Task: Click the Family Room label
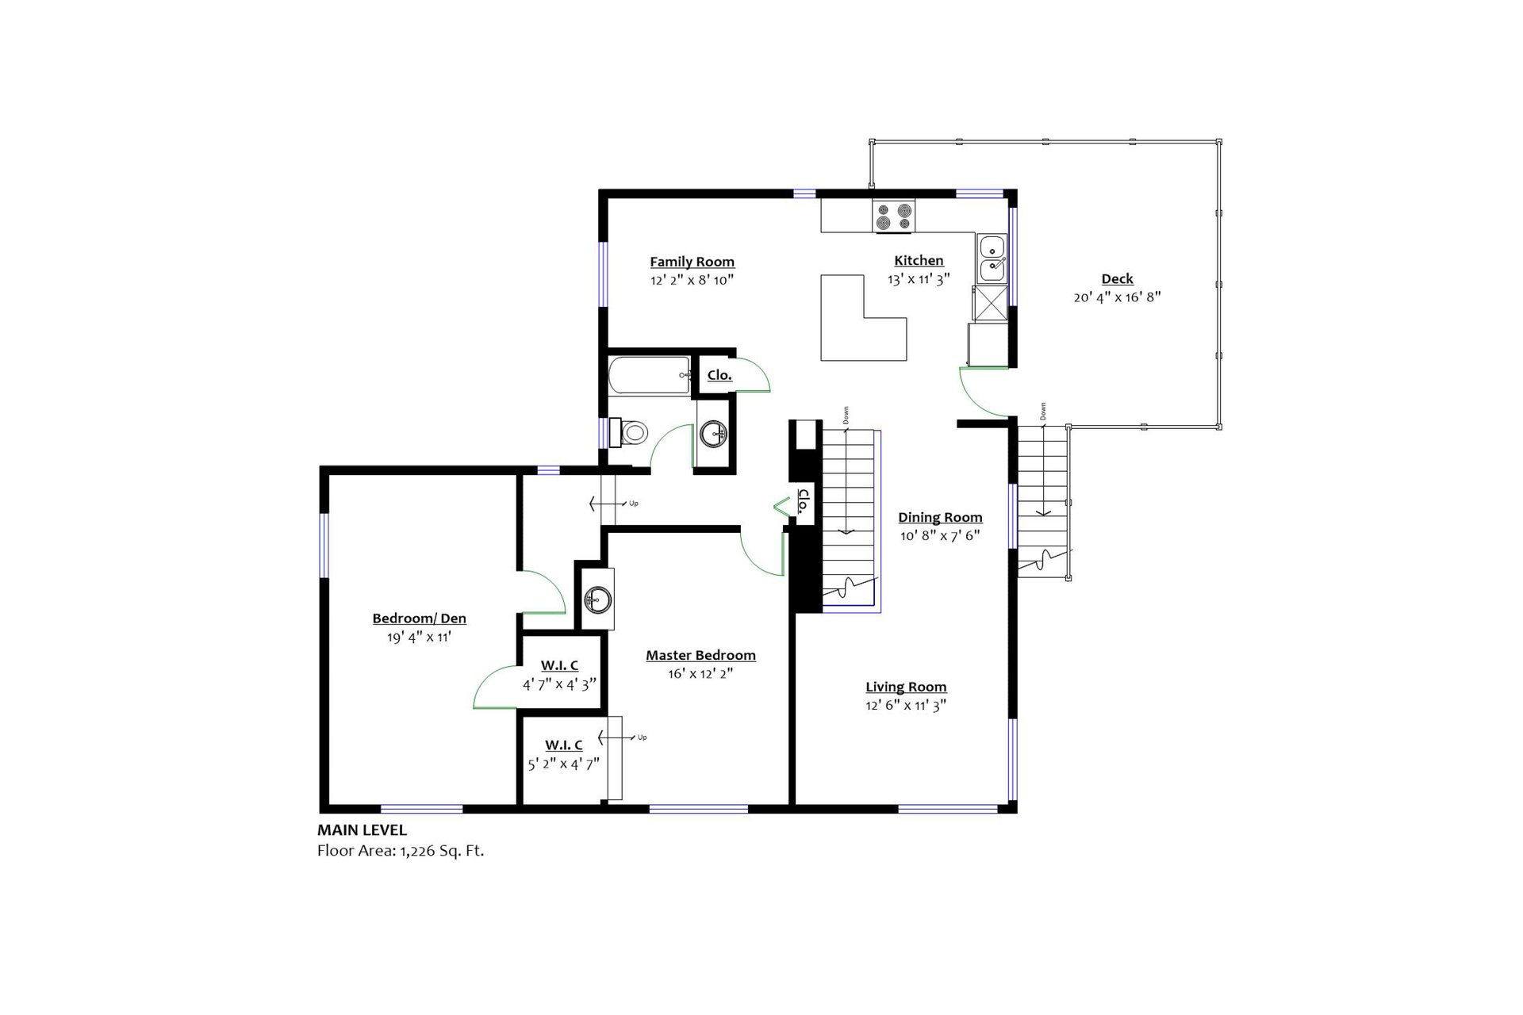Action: click(x=692, y=262)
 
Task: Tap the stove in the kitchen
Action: click(x=893, y=216)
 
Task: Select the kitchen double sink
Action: click(x=992, y=259)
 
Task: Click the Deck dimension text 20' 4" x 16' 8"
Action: click(x=1117, y=297)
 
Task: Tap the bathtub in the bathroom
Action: click(x=649, y=375)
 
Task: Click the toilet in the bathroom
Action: click(x=632, y=433)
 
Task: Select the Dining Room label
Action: click(x=940, y=518)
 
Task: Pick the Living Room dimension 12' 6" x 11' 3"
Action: click(x=906, y=705)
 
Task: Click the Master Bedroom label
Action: click(x=700, y=656)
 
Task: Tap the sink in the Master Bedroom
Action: click(x=597, y=599)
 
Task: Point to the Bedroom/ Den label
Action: click(x=419, y=619)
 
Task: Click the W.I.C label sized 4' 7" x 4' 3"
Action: click(x=559, y=665)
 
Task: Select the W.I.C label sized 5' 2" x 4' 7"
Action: click(x=563, y=745)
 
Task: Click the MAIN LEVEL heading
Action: click(x=362, y=830)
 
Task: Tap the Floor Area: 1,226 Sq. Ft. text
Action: click(x=400, y=851)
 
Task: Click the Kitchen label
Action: click(x=919, y=261)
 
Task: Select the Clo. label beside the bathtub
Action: click(x=719, y=375)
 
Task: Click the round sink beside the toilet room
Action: click(x=714, y=434)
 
